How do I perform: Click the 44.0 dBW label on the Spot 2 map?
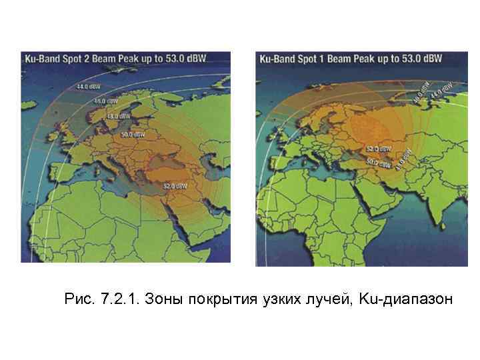click(85, 86)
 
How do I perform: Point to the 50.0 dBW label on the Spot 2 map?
click(133, 134)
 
